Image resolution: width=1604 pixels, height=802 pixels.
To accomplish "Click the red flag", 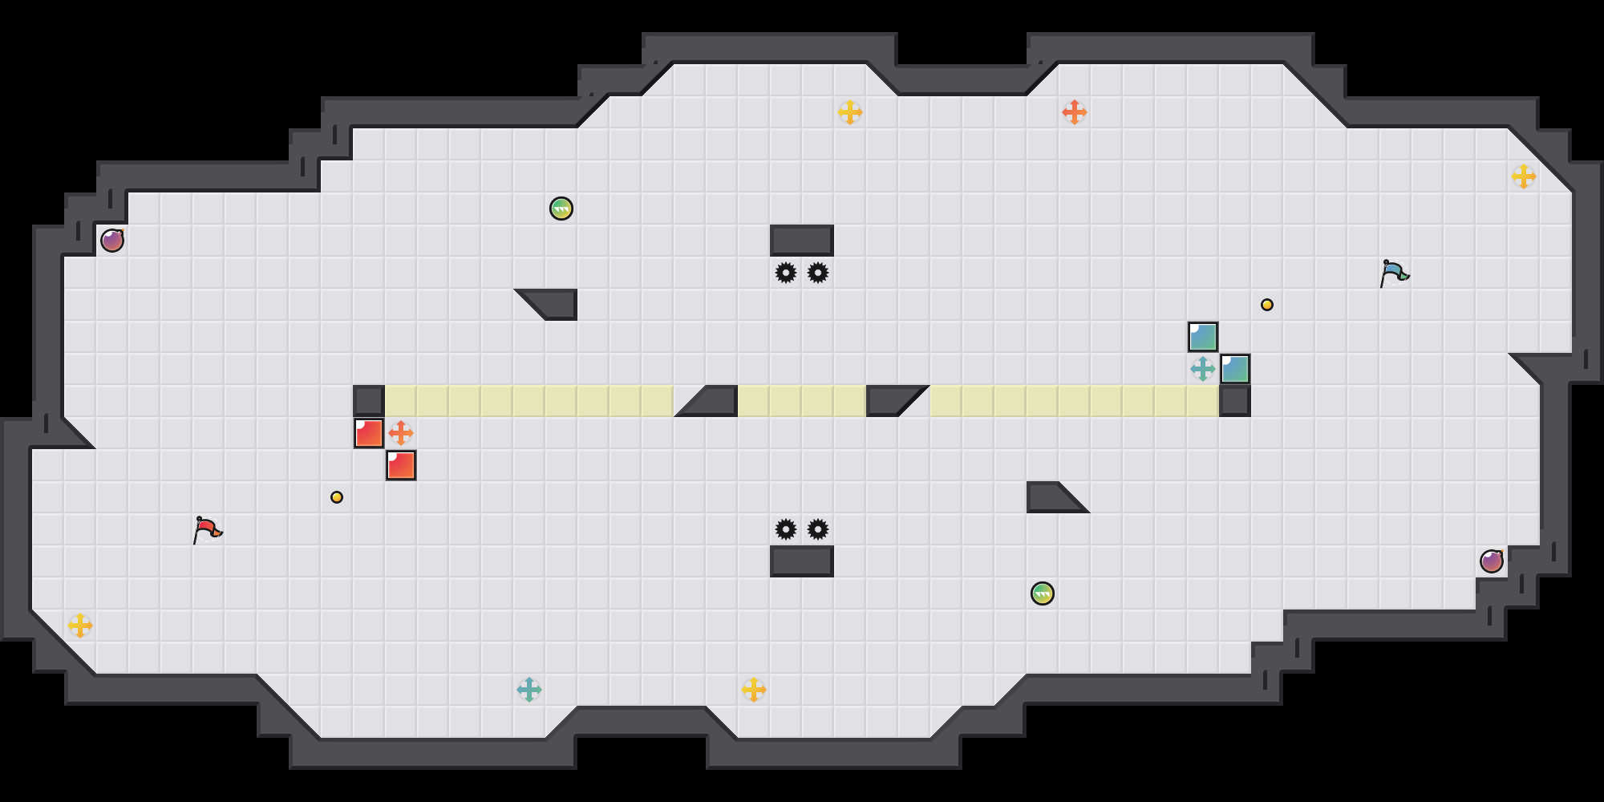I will [x=207, y=529].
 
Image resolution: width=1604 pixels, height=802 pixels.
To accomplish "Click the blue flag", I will [x=1394, y=273].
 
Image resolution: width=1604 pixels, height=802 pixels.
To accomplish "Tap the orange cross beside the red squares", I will [x=401, y=433].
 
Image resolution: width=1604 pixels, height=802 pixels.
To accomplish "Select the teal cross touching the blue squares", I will [x=1203, y=369].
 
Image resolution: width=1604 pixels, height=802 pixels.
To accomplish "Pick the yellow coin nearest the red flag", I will [x=337, y=497].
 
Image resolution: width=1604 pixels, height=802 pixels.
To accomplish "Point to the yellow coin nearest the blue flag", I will [x=1267, y=305].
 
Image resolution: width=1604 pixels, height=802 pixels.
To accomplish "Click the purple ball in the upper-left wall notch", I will [x=112, y=241].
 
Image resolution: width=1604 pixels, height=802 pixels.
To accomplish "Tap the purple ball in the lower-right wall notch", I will [x=1492, y=561].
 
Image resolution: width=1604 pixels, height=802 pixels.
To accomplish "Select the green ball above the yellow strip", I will [x=561, y=209].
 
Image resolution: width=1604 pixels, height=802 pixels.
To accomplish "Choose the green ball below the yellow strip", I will [x=1043, y=593].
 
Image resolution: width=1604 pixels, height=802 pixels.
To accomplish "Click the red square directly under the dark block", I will [x=369, y=433].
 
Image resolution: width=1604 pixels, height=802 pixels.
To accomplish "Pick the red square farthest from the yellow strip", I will [x=401, y=465].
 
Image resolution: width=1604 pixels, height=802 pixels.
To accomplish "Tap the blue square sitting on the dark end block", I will [x=1235, y=369].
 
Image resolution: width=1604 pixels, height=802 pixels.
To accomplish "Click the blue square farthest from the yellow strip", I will [x=1203, y=337].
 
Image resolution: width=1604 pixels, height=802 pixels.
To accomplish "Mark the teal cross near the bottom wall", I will [x=529, y=690].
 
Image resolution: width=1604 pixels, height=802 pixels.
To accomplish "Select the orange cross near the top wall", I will [x=1075, y=112].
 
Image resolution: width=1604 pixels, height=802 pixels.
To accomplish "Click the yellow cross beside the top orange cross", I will [x=850, y=112].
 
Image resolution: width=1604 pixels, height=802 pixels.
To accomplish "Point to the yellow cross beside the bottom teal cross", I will [x=754, y=690].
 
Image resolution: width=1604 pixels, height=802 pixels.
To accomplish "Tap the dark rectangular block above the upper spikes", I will [x=802, y=241].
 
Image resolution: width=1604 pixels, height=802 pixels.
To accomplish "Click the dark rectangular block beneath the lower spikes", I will [x=802, y=561].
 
